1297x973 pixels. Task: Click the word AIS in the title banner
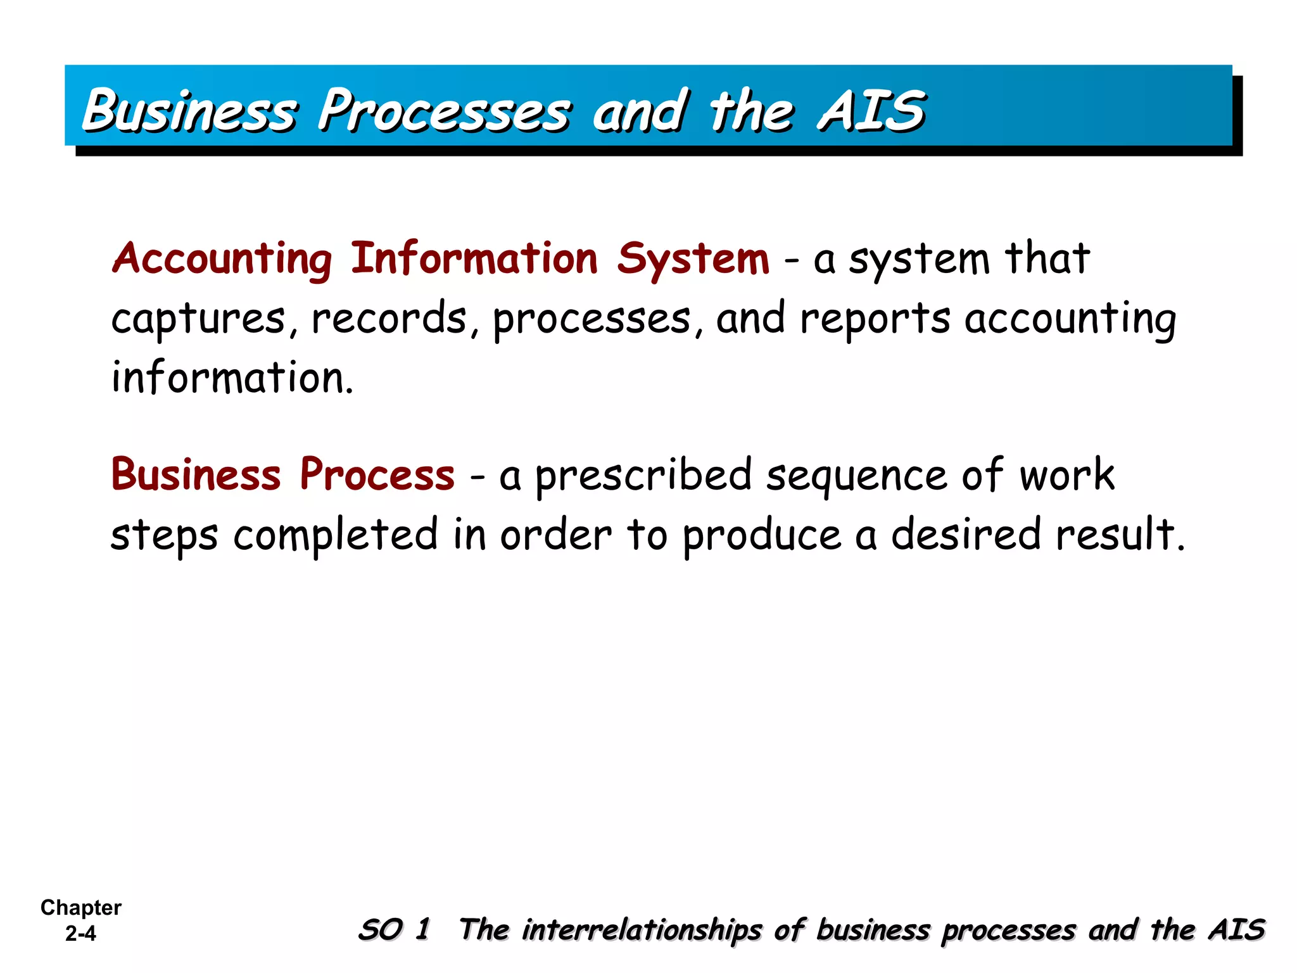[x=871, y=111]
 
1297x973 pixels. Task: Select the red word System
[x=693, y=260]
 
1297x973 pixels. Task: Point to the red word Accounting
[x=222, y=260]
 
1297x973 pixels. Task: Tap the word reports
[x=875, y=319]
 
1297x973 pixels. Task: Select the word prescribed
[x=643, y=476]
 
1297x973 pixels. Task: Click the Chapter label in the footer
[x=80, y=908]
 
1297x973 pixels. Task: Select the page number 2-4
[x=80, y=933]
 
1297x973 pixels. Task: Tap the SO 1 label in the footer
[x=394, y=930]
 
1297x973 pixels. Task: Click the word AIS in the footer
[x=1236, y=930]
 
